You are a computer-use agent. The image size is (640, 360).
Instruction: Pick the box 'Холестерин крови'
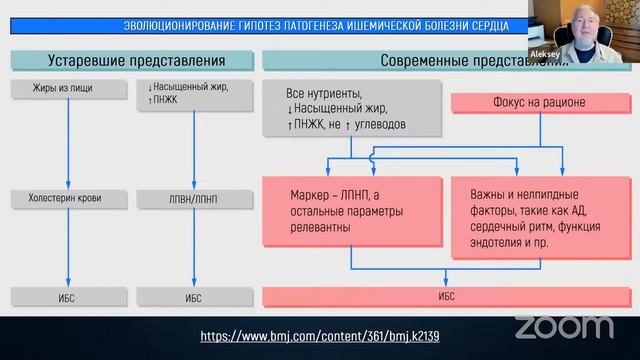(x=67, y=197)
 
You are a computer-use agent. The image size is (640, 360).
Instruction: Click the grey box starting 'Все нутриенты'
(x=350, y=110)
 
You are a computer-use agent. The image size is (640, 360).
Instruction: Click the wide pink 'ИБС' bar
(x=446, y=297)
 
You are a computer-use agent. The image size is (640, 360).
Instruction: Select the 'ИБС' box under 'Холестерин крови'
(x=67, y=297)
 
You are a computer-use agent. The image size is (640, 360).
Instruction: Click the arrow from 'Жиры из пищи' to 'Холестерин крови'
(x=67, y=145)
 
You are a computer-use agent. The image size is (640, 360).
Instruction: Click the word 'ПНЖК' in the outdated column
(x=159, y=99)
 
